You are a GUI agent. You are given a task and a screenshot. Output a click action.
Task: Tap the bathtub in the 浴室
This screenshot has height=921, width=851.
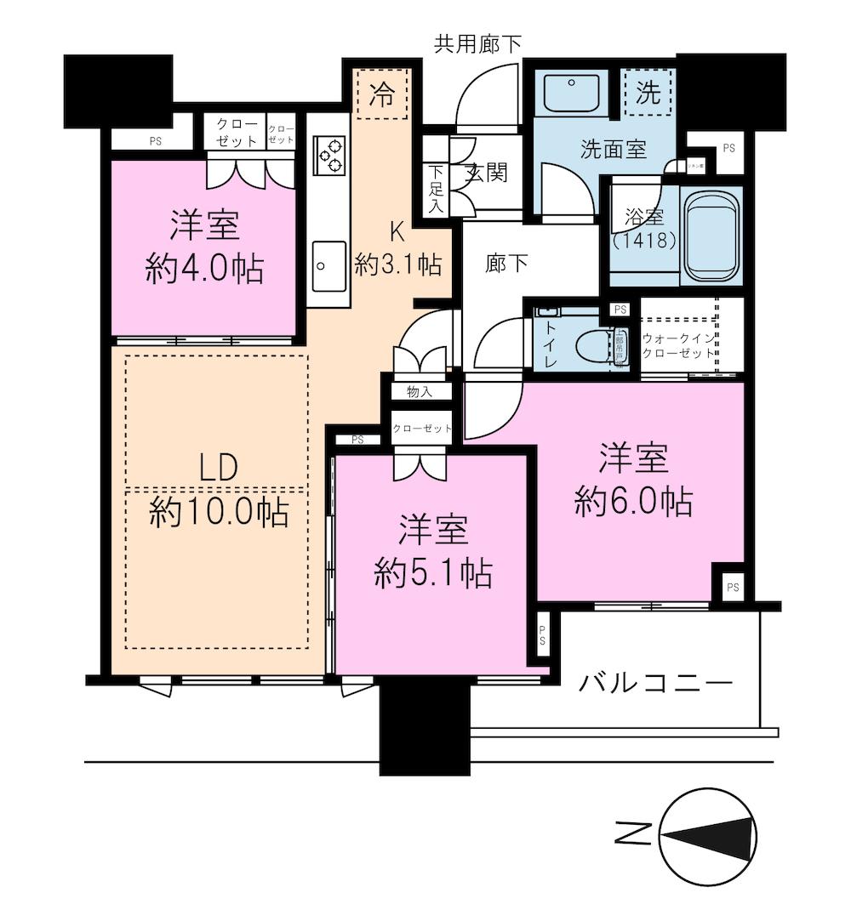coord(713,236)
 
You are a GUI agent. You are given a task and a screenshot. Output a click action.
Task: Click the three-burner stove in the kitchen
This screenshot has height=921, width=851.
coord(328,155)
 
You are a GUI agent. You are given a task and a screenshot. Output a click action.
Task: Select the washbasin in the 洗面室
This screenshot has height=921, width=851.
coord(574,92)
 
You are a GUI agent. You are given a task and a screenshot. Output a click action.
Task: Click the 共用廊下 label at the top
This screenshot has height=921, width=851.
coord(477,43)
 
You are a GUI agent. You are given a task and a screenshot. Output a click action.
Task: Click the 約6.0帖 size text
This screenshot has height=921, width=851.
coord(632,503)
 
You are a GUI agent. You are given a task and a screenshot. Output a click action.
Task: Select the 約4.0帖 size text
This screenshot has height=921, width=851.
coord(204,270)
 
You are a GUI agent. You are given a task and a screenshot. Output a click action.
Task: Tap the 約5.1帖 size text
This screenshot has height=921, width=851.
coord(433,575)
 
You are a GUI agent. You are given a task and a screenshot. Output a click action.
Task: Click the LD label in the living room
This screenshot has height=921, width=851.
coord(218,467)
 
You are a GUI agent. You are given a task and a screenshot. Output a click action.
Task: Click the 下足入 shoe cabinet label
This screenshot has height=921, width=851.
coord(436,188)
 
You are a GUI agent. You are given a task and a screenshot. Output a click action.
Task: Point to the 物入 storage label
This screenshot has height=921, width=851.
coord(418,391)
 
